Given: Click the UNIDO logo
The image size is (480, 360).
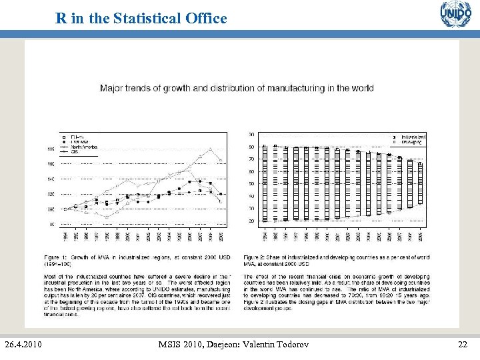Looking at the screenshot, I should coord(455,14).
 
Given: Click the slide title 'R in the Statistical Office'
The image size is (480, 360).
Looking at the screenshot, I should coord(141,18).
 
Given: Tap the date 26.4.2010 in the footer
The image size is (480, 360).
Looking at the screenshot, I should coord(24,344).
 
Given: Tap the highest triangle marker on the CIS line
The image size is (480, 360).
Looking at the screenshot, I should coord(210,149).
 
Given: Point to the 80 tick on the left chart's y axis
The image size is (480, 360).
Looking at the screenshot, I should coord(52,225).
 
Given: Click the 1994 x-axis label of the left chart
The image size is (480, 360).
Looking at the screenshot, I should coord(65,236).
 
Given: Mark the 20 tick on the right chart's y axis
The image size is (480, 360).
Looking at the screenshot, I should coord(251,221).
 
